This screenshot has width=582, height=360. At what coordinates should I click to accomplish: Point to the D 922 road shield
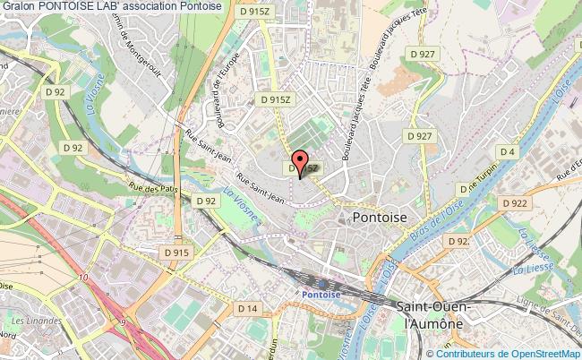pyautogui.click(x=515, y=203)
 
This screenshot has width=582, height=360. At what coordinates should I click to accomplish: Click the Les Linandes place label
pyautogui.click(x=30, y=320)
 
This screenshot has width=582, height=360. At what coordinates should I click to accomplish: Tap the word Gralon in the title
pyautogui.click(x=18, y=8)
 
